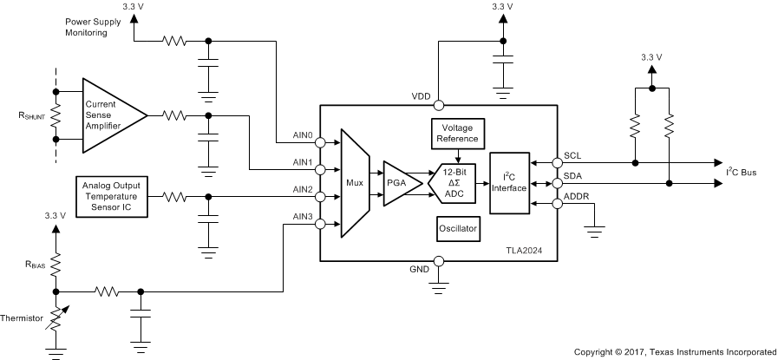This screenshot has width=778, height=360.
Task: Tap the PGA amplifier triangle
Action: (398, 183)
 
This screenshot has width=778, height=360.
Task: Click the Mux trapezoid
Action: (355, 183)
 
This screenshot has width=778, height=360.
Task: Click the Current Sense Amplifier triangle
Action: (110, 115)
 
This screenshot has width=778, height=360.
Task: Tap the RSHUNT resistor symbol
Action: (56, 115)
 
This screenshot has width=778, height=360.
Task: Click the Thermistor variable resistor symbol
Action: (56, 321)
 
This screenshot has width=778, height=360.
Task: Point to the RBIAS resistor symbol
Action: (56, 263)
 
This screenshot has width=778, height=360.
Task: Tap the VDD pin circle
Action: (439, 106)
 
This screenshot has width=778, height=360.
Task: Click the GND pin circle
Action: (439, 260)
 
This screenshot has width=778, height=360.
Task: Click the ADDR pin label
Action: (576, 197)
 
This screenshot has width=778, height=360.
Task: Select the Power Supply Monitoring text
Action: (95, 25)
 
